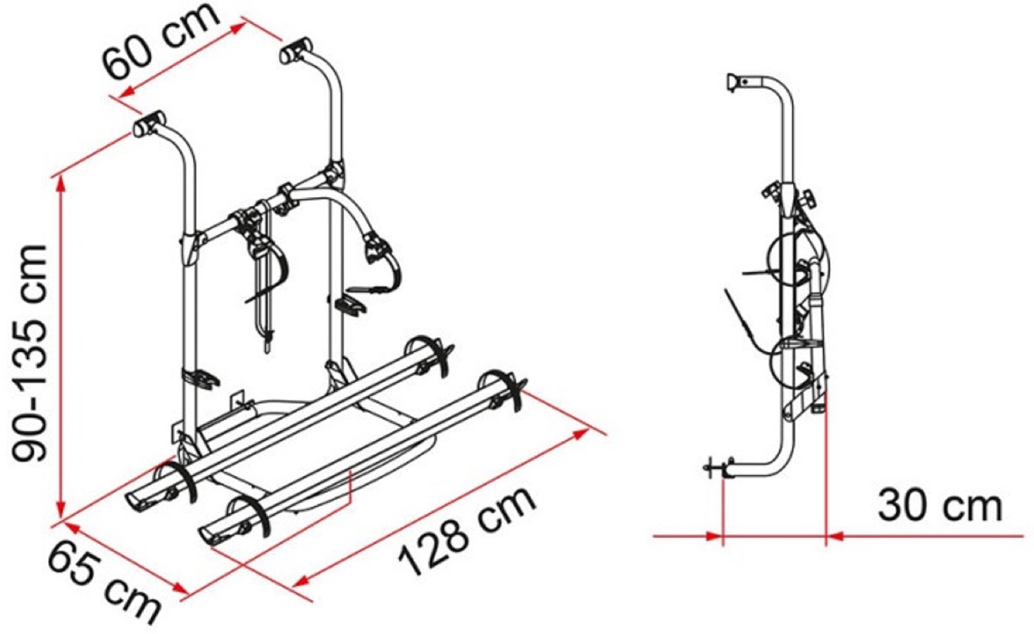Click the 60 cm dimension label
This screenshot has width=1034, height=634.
click(161, 40)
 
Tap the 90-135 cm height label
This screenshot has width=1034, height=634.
click(30, 353)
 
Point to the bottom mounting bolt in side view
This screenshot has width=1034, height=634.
click(718, 469)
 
